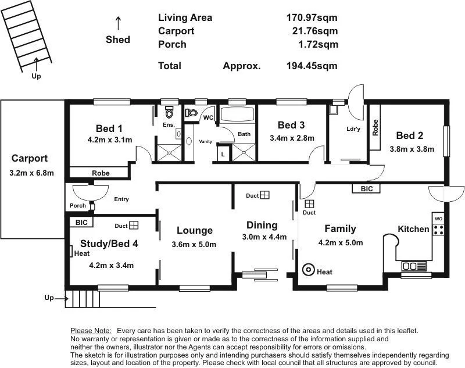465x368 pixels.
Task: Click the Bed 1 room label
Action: [x=109, y=128]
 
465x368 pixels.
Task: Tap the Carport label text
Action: [x=29, y=158]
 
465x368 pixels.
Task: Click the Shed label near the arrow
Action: [x=118, y=40]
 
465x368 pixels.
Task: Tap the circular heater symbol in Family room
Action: [x=308, y=270]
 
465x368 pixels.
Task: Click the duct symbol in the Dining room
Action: [x=264, y=196]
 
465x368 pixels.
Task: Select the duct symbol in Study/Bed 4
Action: [x=134, y=225]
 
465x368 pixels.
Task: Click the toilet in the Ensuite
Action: [x=170, y=111]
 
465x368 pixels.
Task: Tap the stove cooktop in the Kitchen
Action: [x=438, y=229]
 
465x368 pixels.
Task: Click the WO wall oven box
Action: [x=438, y=218]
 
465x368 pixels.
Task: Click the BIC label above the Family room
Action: [x=367, y=189]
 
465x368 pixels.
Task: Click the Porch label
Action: [x=77, y=205]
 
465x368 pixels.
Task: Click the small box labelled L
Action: [x=223, y=154]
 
